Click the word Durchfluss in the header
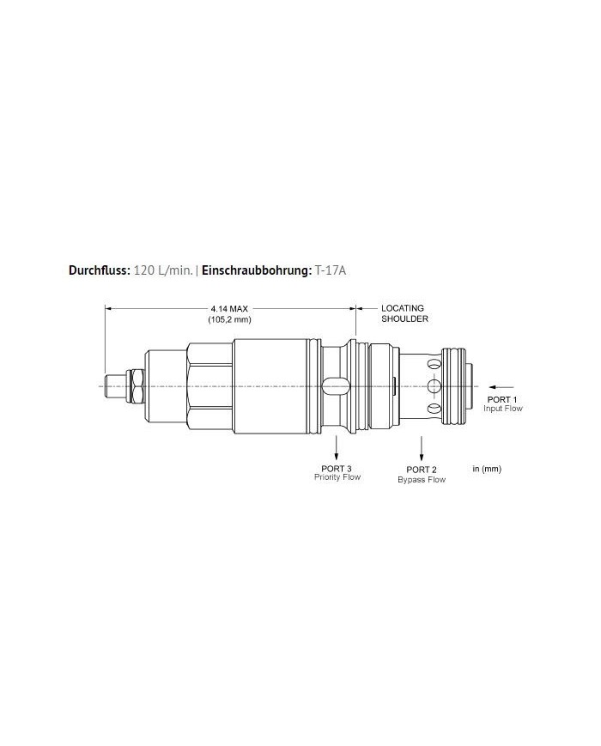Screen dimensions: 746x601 tap(99, 270)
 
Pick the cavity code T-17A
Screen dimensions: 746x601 tap(331, 270)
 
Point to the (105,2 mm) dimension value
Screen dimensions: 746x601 tap(228, 319)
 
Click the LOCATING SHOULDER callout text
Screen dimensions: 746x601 tap(403, 312)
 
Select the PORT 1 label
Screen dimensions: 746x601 tap(503, 399)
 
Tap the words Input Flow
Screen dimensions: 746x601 tap(503, 409)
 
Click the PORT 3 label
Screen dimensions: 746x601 tap(337, 468)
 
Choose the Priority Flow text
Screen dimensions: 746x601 tap(337, 477)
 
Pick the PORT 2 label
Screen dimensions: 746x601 tap(422, 470)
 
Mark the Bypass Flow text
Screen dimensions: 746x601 tap(422, 479)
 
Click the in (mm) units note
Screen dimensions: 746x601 tap(487, 469)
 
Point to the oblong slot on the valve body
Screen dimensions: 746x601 tap(336, 386)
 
